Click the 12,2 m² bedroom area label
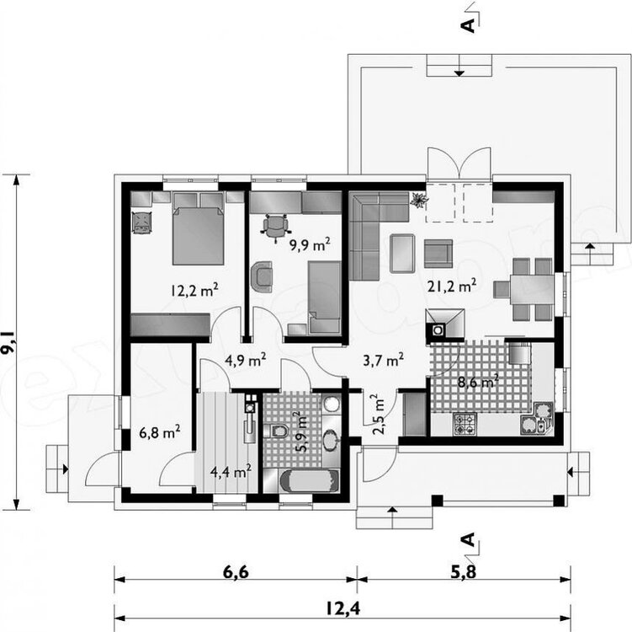click(x=194, y=290)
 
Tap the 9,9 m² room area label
click(x=310, y=244)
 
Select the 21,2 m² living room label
click(x=452, y=286)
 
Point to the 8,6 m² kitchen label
click(x=478, y=381)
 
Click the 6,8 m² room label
click(x=160, y=432)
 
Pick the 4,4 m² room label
click(x=231, y=471)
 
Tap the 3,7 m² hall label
click(x=383, y=360)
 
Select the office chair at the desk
click(x=276, y=228)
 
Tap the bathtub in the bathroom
click(x=309, y=481)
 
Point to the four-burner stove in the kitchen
click(x=465, y=424)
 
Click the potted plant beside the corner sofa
click(x=418, y=200)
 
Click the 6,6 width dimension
click(x=235, y=572)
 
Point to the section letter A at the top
click(x=468, y=25)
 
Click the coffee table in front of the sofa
click(x=402, y=254)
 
